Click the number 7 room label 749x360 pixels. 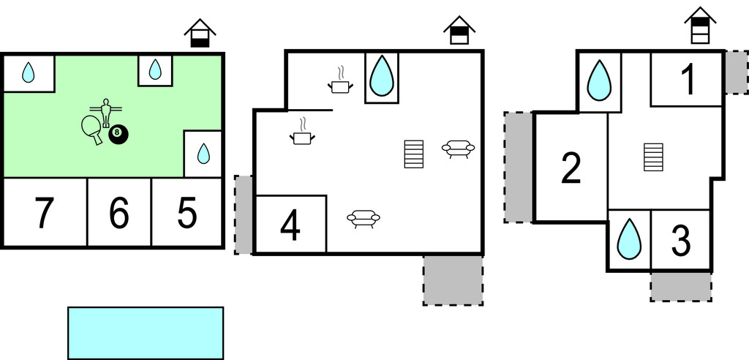45,214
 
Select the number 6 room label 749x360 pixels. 118,214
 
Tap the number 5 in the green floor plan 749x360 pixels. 187,214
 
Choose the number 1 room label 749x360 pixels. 688,80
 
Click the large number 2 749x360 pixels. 571,168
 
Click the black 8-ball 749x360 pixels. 118,134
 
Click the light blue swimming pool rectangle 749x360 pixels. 146,333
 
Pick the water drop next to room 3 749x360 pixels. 629,240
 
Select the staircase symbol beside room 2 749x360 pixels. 653,157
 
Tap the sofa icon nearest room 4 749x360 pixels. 364,218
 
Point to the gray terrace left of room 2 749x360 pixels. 519,167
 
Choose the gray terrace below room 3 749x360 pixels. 681,286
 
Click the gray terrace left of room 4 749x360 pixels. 244,214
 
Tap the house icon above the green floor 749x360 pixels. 200,34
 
